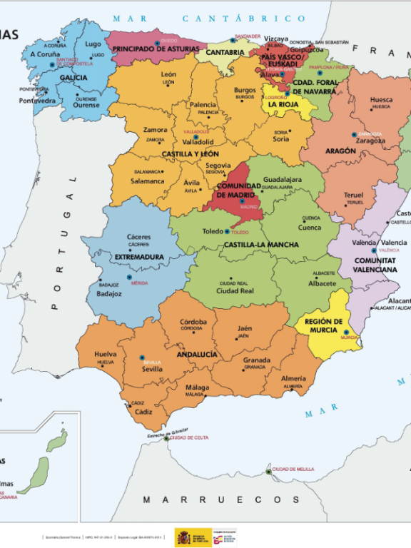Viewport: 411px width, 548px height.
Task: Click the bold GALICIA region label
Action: point(73,78)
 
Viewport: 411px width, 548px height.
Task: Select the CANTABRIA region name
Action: point(225,52)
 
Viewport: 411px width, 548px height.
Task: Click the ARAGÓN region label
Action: point(341,151)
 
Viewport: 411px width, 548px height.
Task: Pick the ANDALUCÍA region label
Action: point(196,354)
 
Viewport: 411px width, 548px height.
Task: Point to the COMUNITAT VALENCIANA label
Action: point(376,265)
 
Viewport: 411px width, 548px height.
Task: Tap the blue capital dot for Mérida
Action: point(129,277)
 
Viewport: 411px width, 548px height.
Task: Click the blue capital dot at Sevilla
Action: point(141,357)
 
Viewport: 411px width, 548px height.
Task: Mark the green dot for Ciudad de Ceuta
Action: point(166,439)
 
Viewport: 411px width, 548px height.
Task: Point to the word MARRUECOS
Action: point(211,499)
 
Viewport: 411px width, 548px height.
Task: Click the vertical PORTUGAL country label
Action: point(63,243)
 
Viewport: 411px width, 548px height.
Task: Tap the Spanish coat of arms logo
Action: point(183,537)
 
